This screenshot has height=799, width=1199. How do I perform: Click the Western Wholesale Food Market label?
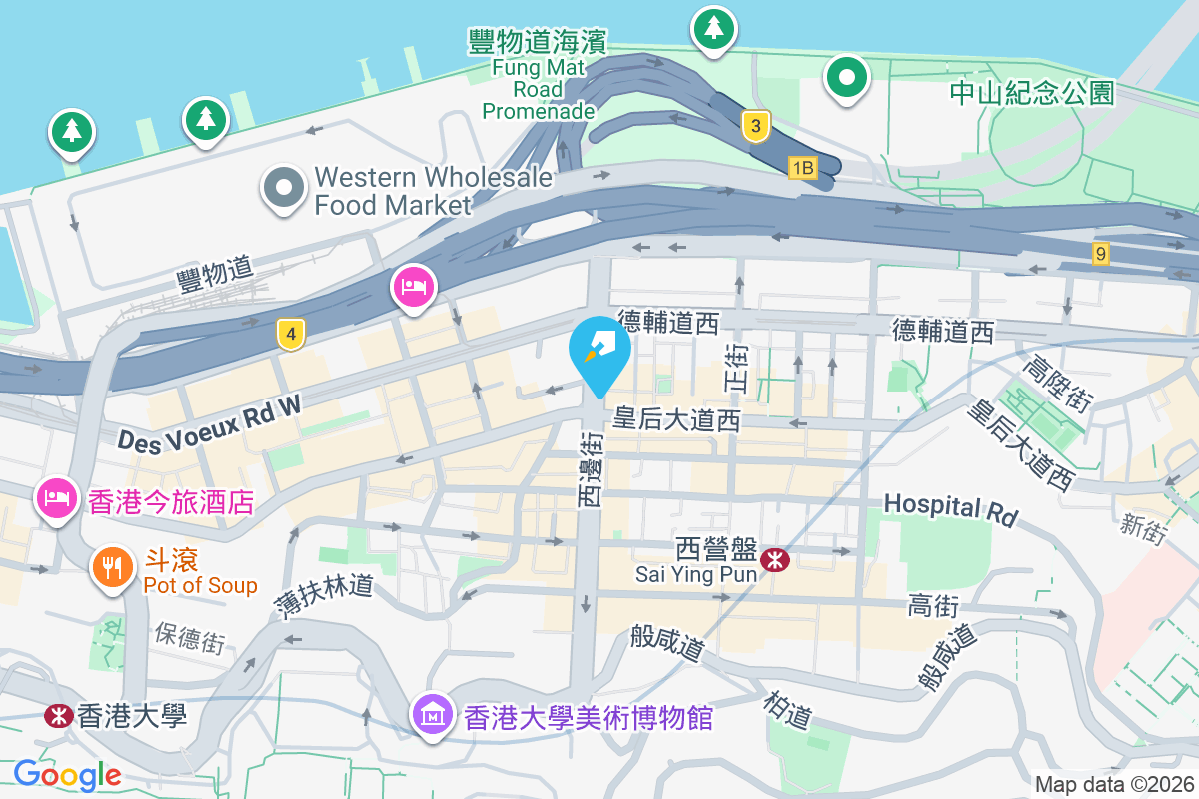432,191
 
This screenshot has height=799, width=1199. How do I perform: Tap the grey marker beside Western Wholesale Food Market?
284,187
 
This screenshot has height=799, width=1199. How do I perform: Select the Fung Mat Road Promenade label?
539,75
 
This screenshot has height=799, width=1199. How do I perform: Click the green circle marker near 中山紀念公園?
847,77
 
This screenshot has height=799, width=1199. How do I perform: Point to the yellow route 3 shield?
757,126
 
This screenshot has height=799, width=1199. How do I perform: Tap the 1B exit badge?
802,167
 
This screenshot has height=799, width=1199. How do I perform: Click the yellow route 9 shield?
1100,254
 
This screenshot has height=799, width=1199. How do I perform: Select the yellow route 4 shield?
291,334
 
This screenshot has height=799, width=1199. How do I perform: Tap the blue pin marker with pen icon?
599,352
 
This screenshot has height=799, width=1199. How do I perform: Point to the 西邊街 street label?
591,466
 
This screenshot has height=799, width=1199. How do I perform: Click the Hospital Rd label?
950,508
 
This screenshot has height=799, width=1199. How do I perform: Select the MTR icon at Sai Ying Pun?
773,561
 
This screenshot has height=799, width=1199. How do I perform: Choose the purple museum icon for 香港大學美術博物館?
433,714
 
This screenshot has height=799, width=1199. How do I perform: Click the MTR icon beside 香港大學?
58,716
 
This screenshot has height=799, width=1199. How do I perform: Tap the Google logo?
68,774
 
